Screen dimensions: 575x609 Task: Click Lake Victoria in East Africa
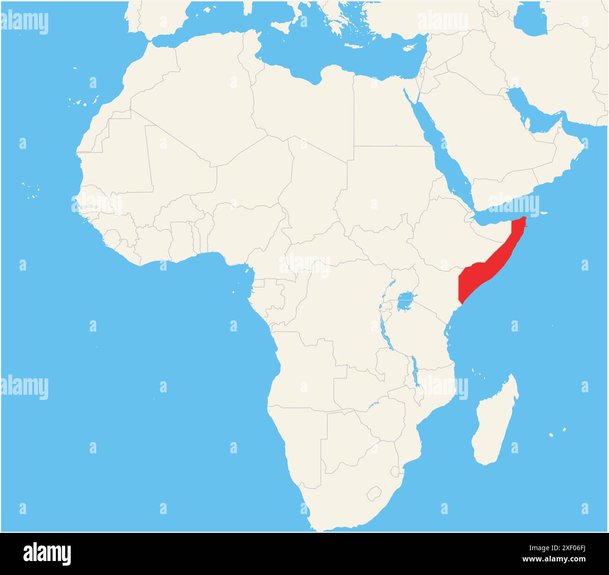pyautogui.click(x=406, y=302)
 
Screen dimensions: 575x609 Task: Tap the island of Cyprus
pyautogui.click(x=410, y=47)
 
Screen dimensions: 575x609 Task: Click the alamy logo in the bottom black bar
pyautogui.click(x=47, y=553)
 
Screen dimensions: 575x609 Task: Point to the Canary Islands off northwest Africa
pyautogui.click(x=77, y=101)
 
